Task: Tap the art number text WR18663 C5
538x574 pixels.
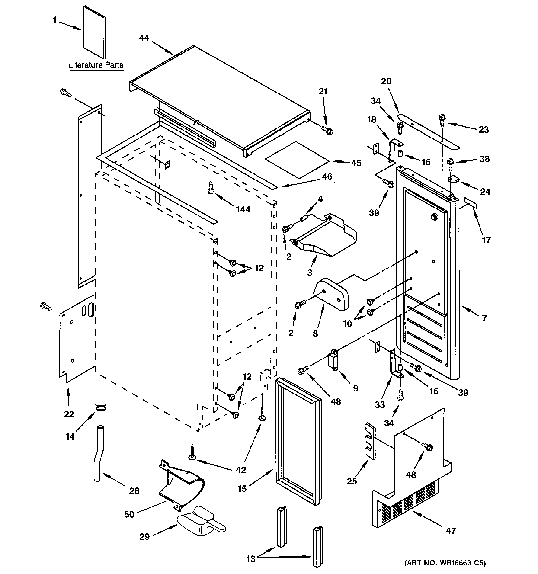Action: (445, 563)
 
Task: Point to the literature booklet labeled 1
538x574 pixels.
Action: (94, 32)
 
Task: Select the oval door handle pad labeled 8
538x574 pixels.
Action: (332, 294)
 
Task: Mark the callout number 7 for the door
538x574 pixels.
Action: (484, 318)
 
